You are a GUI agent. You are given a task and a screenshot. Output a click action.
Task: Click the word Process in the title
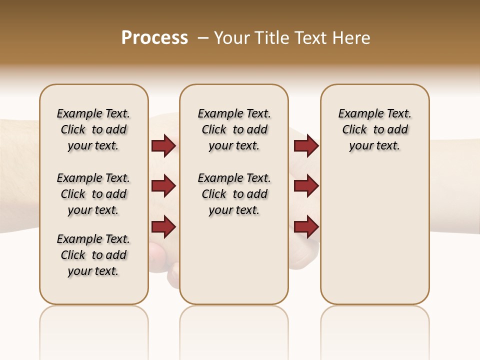154,38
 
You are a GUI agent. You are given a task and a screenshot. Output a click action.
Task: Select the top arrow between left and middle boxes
163,146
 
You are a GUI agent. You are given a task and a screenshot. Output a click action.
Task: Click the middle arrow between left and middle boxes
163,186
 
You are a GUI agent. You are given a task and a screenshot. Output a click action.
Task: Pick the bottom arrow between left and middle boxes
163,226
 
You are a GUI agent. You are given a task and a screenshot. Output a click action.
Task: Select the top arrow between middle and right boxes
306,146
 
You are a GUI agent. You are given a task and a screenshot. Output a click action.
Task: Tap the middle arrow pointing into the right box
306,186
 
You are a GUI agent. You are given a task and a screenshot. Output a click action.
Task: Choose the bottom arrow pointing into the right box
306,226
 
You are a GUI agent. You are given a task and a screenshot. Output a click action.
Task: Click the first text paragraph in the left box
93,129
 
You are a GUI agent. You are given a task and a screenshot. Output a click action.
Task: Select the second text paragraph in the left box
93,194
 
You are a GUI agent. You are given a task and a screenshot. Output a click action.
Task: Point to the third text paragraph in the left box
93,255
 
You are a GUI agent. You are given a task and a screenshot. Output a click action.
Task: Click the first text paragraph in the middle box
234,129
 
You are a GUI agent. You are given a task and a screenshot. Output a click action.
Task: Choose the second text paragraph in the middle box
234,194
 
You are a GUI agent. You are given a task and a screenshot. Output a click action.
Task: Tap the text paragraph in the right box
374,129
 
